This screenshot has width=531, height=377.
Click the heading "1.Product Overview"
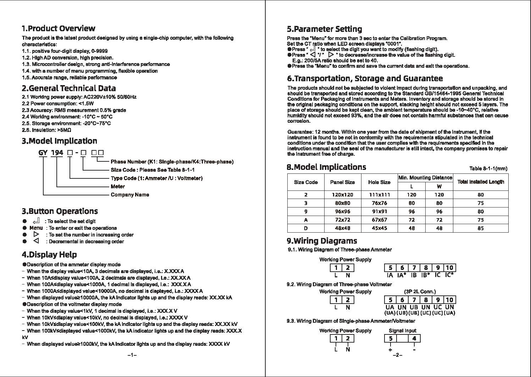59,29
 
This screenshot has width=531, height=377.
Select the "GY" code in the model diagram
43,153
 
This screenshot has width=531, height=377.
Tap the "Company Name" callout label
130,195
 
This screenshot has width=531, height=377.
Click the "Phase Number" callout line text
172,162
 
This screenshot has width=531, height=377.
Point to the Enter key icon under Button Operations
41,221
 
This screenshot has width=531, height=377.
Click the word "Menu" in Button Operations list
36,228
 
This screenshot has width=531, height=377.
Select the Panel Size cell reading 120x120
342,195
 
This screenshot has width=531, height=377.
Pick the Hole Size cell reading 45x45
379,228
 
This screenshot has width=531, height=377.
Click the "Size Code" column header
306,182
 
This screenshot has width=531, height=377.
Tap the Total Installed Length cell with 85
480,228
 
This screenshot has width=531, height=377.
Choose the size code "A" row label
306,220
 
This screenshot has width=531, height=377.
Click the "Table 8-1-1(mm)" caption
488,169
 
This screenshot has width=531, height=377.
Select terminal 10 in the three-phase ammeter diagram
449,268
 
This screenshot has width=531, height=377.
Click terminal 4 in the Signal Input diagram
414,338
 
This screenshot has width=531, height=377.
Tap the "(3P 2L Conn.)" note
420,292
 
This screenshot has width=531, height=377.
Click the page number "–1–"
132,355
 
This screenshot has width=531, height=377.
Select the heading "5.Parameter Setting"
324,29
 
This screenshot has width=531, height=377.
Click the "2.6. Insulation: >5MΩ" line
46,130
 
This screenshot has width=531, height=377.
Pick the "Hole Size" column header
379,182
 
